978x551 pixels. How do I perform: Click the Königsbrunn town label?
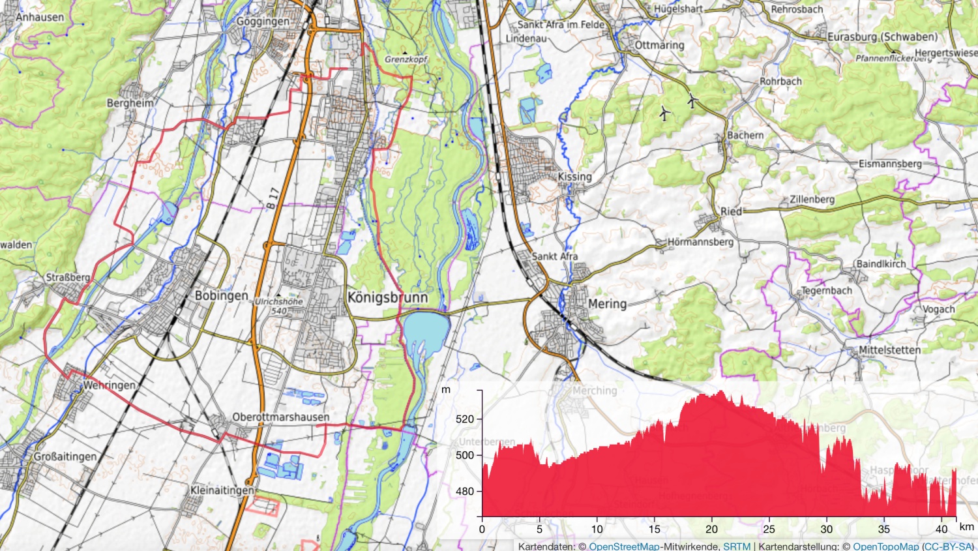pyautogui.click(x=387, y=297)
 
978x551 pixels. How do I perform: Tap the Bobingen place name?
pyautogui.click(x=221, y=295)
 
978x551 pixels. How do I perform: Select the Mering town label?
pyautogui.click(x=607, y=304)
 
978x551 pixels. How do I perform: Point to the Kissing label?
pyautogui.click(x=574, y=177)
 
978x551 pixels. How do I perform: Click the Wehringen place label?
pyautogui.click(x=109, y=385)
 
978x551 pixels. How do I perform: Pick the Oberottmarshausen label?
pyautogui.click(x=281, y=417)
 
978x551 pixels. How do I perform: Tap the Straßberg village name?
pyautogui.click(x=68, y=277)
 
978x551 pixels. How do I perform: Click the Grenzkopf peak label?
pyautogui.click(x=406, y=59)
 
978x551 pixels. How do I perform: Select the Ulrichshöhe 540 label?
pyautogui.click(x=279, y=306)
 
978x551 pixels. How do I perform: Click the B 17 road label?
pyautogui.click(x=273, y=198)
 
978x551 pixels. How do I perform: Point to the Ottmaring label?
pyautogui.click(x=659, y=45)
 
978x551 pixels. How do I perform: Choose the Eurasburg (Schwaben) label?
pyautogui.click(x=882, y=37)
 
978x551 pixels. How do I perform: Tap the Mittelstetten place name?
pyautogui.click(x=889, y=350)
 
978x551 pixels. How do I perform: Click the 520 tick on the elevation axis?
pyautogui.click(x=465, y=419)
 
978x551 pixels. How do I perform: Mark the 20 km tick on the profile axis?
pyautogui.click(x=711, y=529)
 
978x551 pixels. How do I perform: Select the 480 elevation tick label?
pyautogui.click(x=465, y=491)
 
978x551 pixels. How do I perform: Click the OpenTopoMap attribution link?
pyautogui.click(x=885, y=546)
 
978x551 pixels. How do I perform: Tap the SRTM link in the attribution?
pyautogui.click(x=737, y=546)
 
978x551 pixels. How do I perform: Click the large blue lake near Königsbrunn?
pyautogui.click(x=426, y=329)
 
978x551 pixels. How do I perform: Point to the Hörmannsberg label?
pyautogui.click(x=700, y=242)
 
